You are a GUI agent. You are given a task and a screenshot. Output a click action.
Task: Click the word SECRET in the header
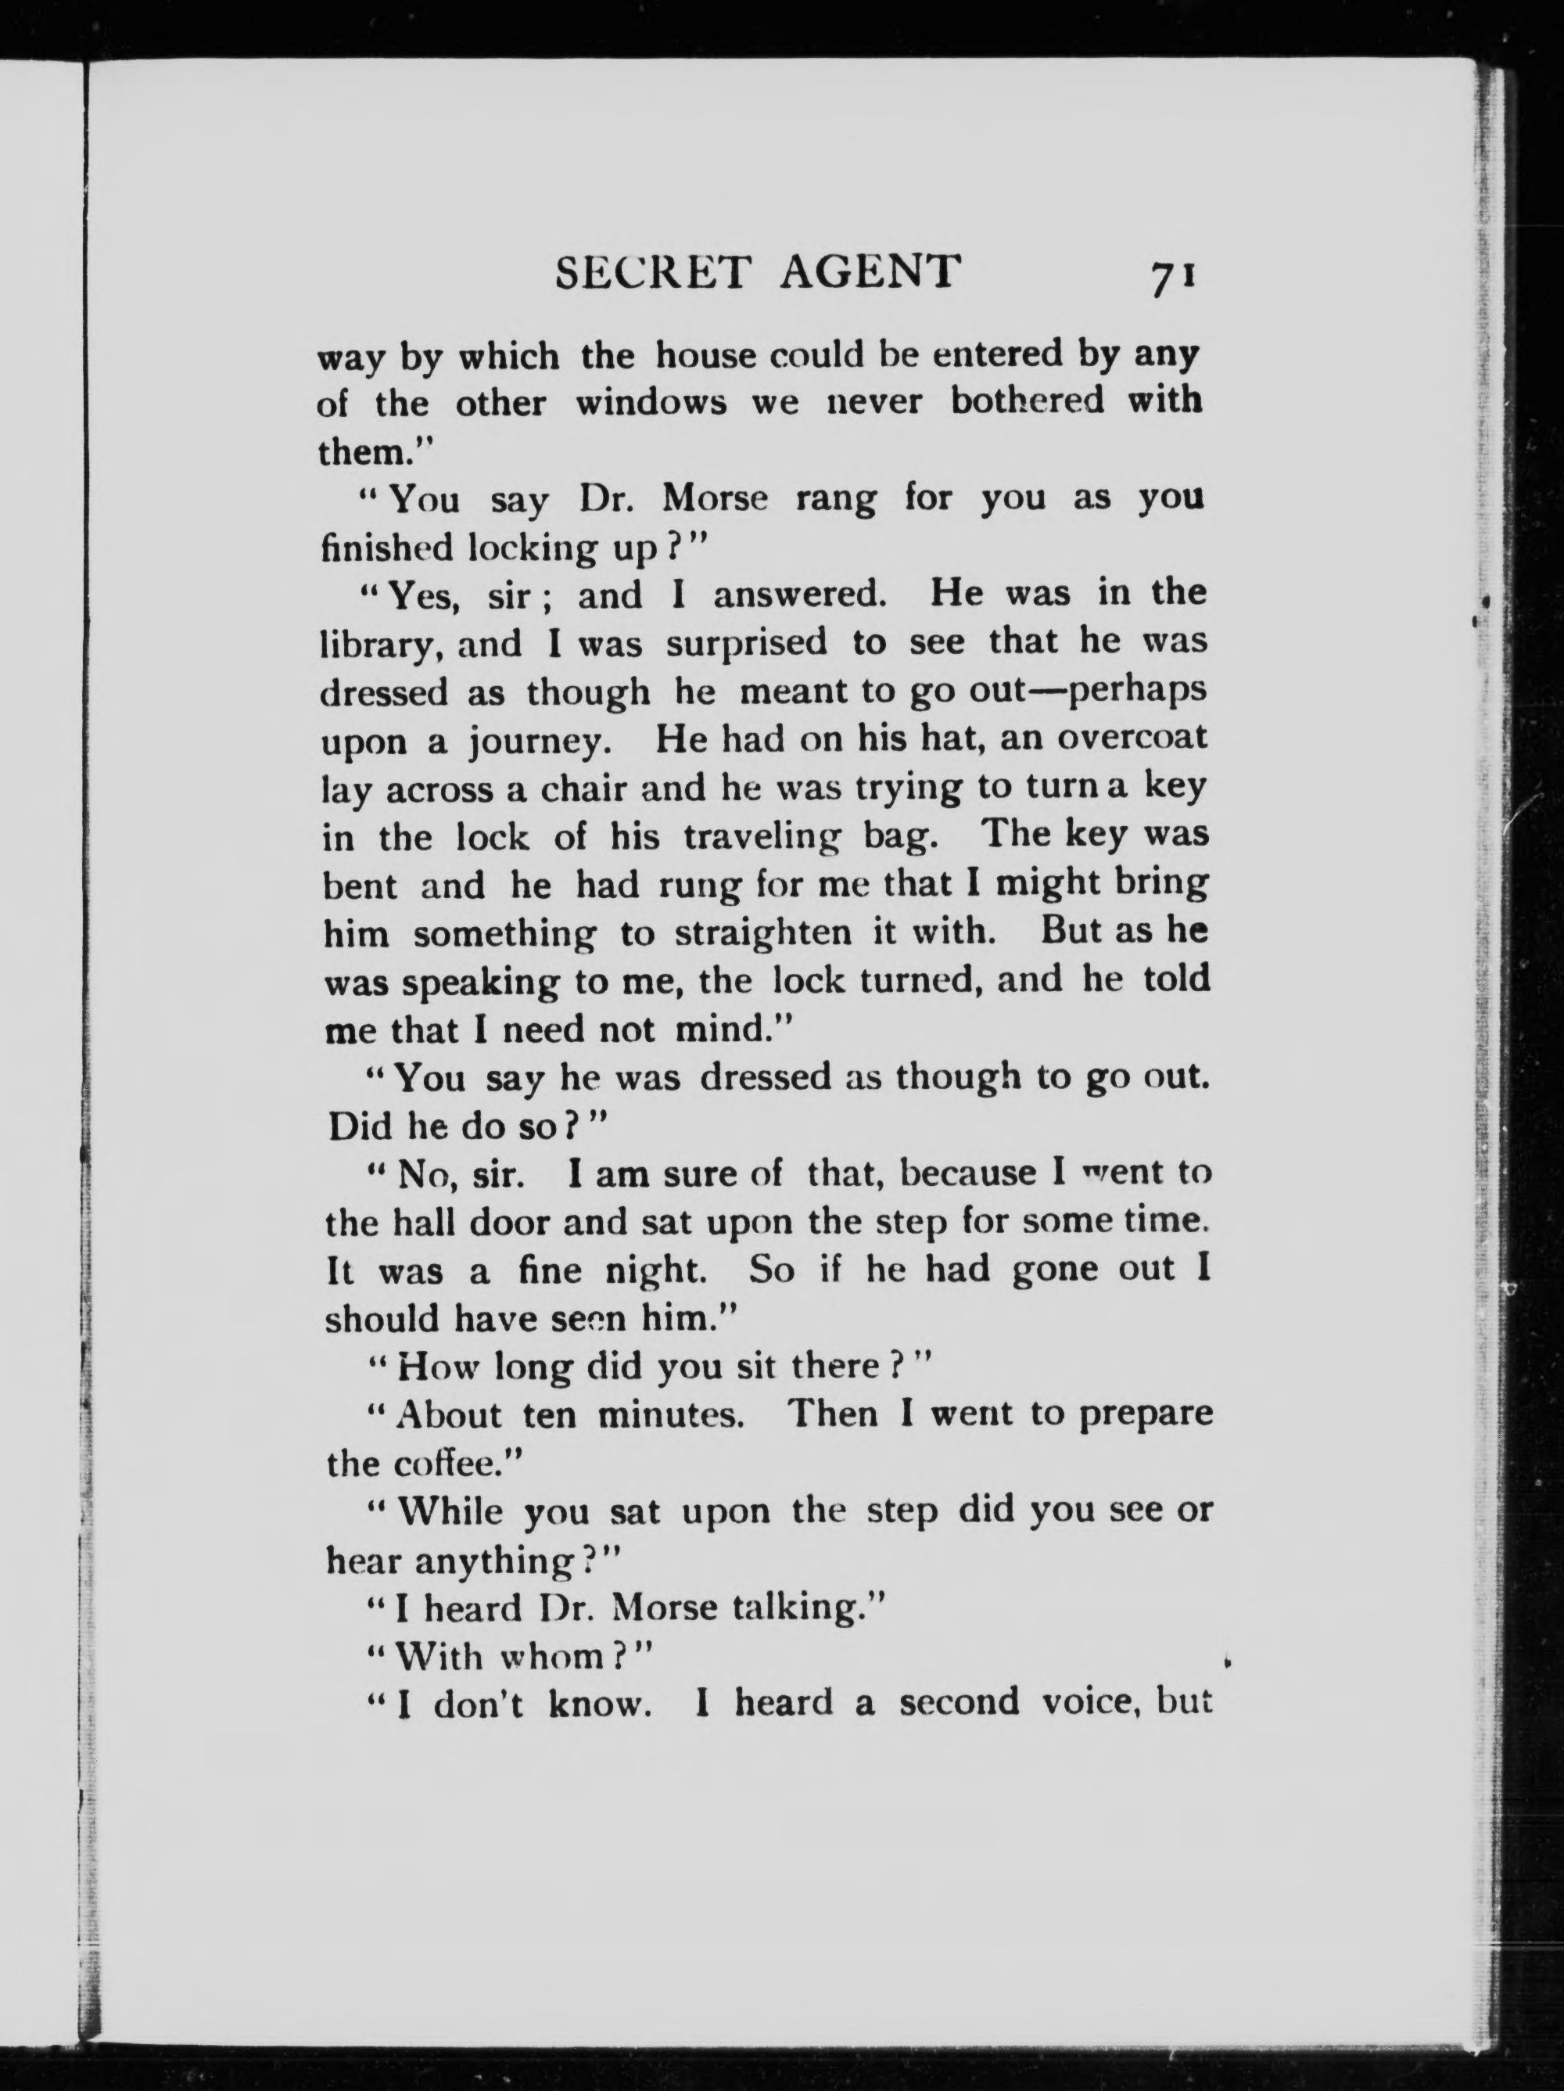652,273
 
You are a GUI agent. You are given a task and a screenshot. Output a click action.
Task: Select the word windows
651,404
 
